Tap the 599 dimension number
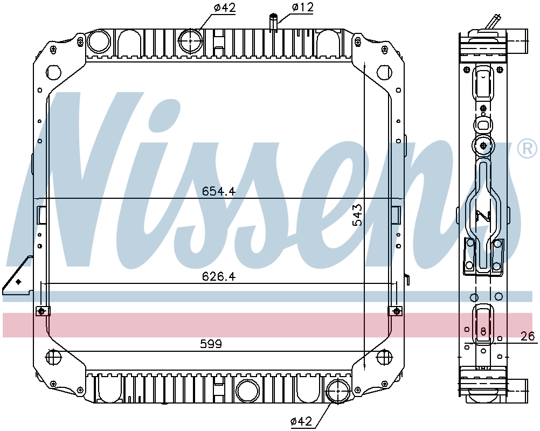(211, 344)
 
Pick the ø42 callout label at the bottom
(300, 422)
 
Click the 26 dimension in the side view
(528, 337)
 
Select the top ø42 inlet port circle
(191, 40)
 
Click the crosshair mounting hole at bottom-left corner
(53, 357)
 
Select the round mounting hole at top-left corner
(54, 72)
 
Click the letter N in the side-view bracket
(482, 216)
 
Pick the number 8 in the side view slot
(483, 331)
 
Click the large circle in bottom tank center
(247, 390)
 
